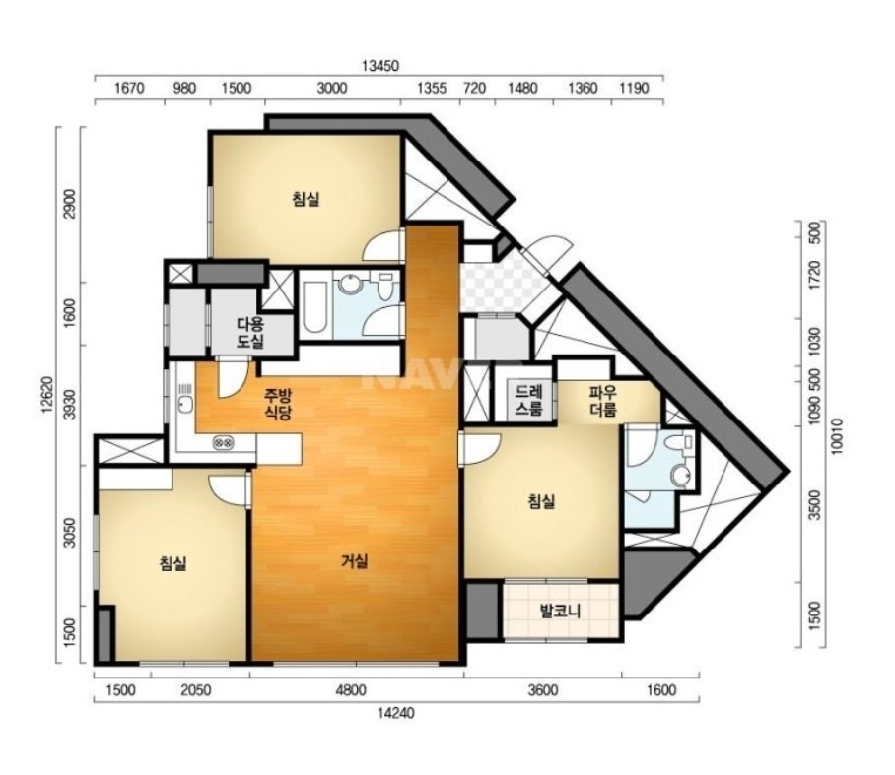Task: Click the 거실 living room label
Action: click(x=355, y=561)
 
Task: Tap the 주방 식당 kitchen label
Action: click(x=278, y=403)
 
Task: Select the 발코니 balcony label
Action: click(x=561, y=611)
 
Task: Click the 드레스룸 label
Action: click(x=528, y=401)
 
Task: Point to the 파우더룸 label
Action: click(x=603, y=401)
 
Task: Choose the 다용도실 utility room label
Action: click(x=250, y=333)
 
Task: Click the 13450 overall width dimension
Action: click(x=380, y=66)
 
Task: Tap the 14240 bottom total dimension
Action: click(x=395, y=712)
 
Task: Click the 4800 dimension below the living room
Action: click(x=351, y=690)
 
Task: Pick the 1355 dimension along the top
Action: click(x=432, y=88)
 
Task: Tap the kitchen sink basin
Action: click(x=185, y=405)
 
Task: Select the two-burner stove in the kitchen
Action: click(x=223, y=442)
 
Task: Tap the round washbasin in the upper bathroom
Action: click(x=348, y=284)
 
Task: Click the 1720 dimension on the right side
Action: click(x=814, y=275)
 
